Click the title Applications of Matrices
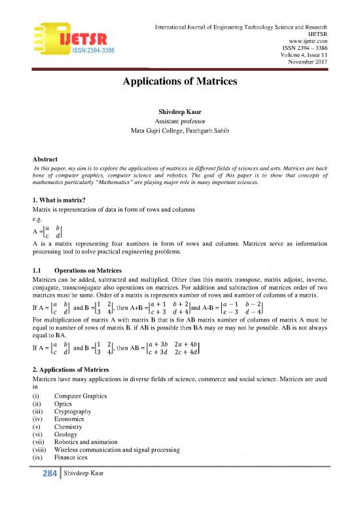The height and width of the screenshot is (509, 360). click(x=179, y=83)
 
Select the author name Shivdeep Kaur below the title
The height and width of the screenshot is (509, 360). click(x=179, y=113)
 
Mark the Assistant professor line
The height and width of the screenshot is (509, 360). click(x=179, y=123)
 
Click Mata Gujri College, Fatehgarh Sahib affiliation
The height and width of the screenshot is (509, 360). click(x=179, y=132)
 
